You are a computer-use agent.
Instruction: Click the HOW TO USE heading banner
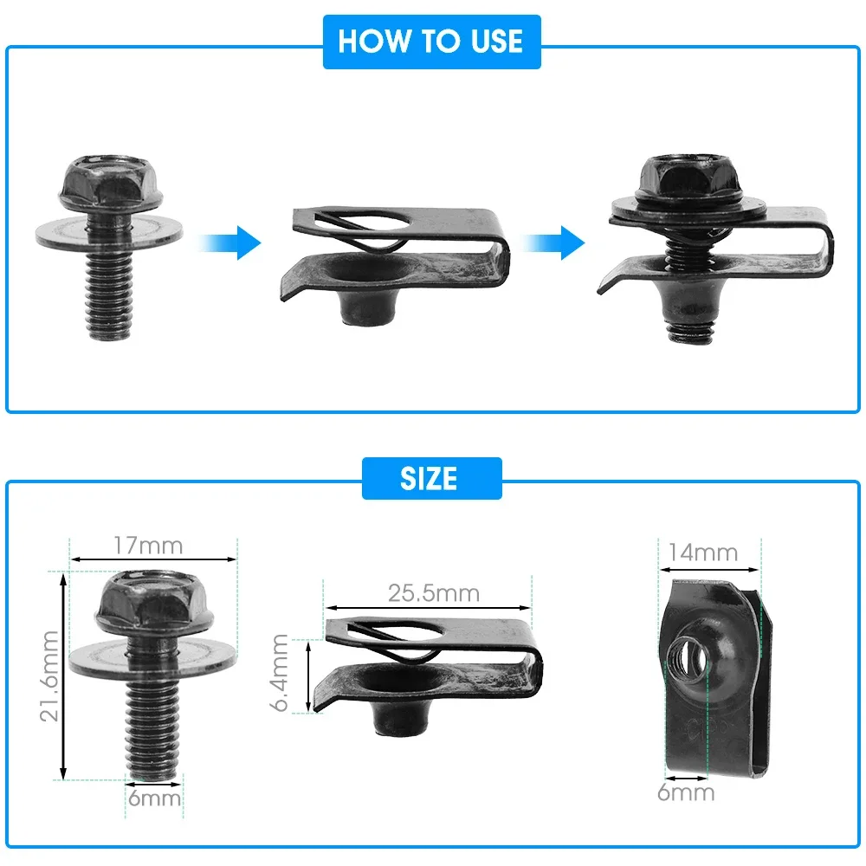(430, 42)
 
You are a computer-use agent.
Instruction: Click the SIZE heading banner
(430, 479)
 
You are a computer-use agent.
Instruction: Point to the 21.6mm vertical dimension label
(50, 676)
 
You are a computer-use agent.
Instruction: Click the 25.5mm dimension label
(433, 593)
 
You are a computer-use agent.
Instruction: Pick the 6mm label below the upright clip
(686, 792)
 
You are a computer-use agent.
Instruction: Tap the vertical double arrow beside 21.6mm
(62, 676)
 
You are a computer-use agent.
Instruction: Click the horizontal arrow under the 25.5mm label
(429, 609)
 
